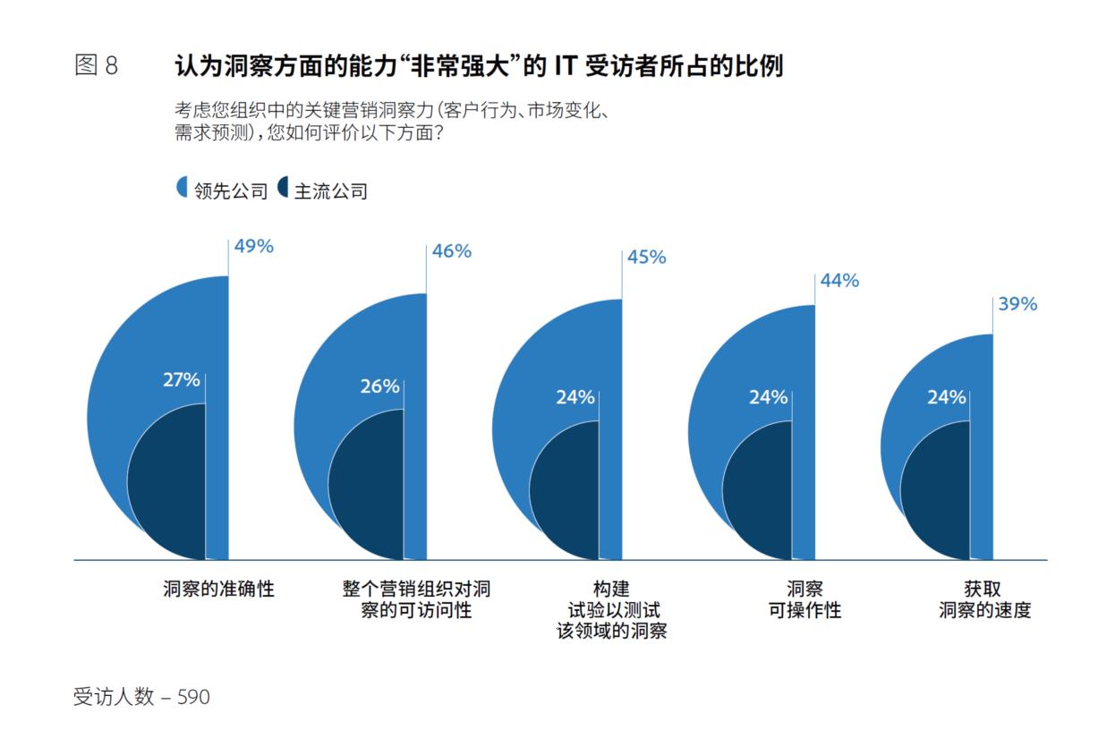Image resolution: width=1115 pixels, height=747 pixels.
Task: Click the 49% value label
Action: click(253, 246)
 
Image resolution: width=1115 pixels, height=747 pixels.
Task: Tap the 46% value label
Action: click(451, 250)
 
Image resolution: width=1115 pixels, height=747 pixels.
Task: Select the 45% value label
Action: click(646, 257)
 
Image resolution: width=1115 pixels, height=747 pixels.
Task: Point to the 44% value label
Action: click(839, 280)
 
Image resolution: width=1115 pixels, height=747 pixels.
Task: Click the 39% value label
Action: click(1017, 304)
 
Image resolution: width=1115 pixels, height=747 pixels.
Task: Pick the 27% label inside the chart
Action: click(181, 379)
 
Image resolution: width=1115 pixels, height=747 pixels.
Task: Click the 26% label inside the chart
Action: click(379, 386)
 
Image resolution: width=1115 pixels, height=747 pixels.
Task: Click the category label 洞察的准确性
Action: click(219, 590)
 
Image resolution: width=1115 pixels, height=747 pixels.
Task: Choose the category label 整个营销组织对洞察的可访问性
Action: click(416, 599)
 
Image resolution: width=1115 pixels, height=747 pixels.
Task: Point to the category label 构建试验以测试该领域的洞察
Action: click(611, 610)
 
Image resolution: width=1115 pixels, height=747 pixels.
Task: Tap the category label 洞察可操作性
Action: click(804, 599)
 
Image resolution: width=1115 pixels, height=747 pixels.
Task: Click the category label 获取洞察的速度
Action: click(984, 599)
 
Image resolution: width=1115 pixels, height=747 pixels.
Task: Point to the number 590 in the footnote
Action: click(193, 697)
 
